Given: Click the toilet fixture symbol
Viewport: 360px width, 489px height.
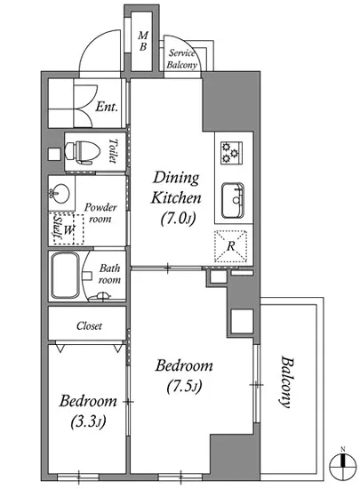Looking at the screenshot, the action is coord(83,153).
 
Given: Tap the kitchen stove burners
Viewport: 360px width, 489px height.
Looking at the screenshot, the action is coord(232,153).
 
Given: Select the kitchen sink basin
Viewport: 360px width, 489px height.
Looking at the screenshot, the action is coord(233,201).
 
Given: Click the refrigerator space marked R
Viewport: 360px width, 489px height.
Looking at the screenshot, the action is coord(230,246).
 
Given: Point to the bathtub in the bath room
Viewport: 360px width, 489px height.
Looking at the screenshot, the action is coord(65,276).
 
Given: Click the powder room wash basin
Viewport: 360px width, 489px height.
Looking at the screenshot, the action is coord(60,192).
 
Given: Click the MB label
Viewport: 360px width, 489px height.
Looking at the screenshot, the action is coord(143,41).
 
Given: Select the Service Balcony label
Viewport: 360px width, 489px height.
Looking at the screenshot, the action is coord(181,59).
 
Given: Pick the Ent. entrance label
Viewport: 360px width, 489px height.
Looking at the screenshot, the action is coord(107,107).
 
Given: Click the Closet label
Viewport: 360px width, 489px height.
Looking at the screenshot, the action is coord(89,326).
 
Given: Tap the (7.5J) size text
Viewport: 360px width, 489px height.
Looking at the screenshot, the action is coord(185,386).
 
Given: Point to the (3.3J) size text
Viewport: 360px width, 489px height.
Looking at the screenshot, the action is coord(89,421).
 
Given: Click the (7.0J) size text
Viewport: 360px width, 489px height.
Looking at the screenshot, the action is coord(179,219).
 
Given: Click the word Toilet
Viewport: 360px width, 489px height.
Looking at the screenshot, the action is coord(113,151).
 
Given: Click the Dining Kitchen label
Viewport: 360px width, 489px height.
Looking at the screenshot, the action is coord(176,188).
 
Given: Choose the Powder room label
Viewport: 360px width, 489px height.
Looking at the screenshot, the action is coord(100,212).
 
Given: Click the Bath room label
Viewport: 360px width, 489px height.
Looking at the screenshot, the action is coord(109,274).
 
